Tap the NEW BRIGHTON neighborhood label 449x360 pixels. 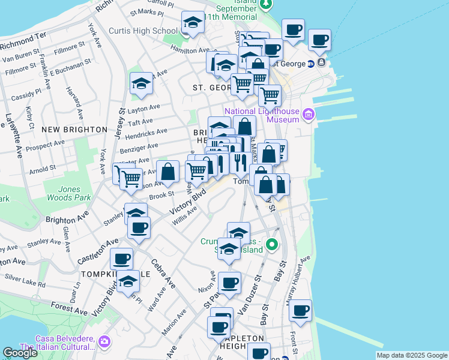pos(67,129)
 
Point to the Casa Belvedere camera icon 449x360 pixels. pos(105,341)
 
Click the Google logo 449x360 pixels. pos(20,353)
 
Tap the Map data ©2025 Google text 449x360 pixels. pos(411,355)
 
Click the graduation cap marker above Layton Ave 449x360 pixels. pos(141,83)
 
